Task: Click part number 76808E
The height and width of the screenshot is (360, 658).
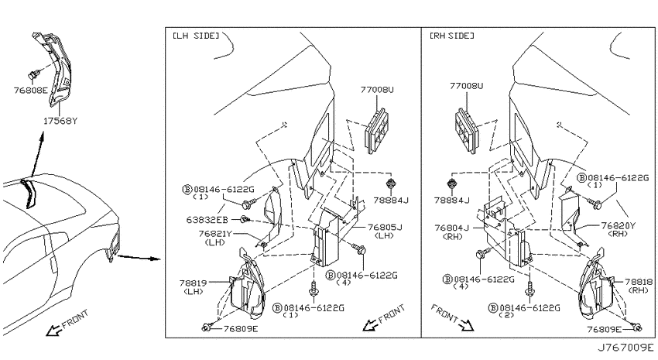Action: [x=31, y=90]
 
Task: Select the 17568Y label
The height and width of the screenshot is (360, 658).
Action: [x=60, y=122]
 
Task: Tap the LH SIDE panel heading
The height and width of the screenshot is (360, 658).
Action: [x=196, y=36]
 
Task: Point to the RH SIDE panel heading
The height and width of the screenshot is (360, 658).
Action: [x=452, y=36]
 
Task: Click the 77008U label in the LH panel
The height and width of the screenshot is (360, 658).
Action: [x=377, y=89]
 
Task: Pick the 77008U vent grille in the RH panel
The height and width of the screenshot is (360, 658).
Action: [x=465, y=129]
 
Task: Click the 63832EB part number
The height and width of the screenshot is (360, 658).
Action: [x=207, y=219]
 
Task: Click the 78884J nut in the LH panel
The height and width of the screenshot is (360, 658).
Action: [x=391, y=183]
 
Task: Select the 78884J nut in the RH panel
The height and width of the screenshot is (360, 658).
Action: [x=452, y=183]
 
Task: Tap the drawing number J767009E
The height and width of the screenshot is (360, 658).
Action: [x=625, y=348]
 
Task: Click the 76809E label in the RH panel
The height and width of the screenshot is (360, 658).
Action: [x=604, y=329]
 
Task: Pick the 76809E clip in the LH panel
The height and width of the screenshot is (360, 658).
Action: [x=206, y=327]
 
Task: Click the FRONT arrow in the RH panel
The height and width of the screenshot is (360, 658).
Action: [x=466, y=324]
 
